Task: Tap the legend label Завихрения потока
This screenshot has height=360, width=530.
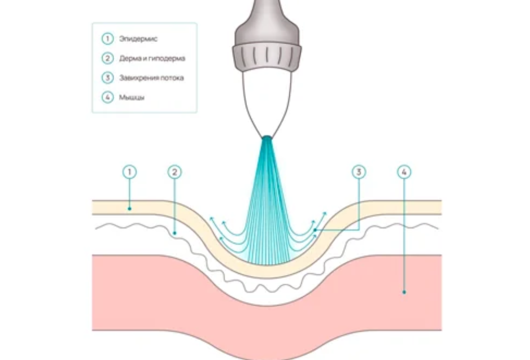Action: [151, 78]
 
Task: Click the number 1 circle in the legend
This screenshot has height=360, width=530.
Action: [107, 39]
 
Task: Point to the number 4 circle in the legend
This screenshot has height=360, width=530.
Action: [107, 97]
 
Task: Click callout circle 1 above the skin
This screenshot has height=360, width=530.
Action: [130, 172]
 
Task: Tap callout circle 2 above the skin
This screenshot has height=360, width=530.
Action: [175, 172]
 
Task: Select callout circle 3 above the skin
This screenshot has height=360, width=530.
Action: [358, 172]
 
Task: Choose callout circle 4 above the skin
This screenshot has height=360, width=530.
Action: [405, 172]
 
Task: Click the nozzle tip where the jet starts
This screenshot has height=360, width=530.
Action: [267, 138]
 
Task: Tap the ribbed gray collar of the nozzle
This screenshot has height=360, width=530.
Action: [267, 56]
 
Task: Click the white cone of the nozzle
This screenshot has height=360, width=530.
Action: [267, 99]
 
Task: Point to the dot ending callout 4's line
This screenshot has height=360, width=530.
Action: [405, 292]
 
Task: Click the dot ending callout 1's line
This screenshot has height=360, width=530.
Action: [130, 209]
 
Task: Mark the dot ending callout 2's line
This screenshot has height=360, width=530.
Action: [175, 234]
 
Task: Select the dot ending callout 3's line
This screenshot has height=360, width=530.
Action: [315, 230]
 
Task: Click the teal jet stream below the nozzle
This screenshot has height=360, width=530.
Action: [267, 207]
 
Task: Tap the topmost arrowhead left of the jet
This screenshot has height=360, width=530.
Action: [211, 219]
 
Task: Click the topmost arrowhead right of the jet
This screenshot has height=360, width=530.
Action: [324, 213]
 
